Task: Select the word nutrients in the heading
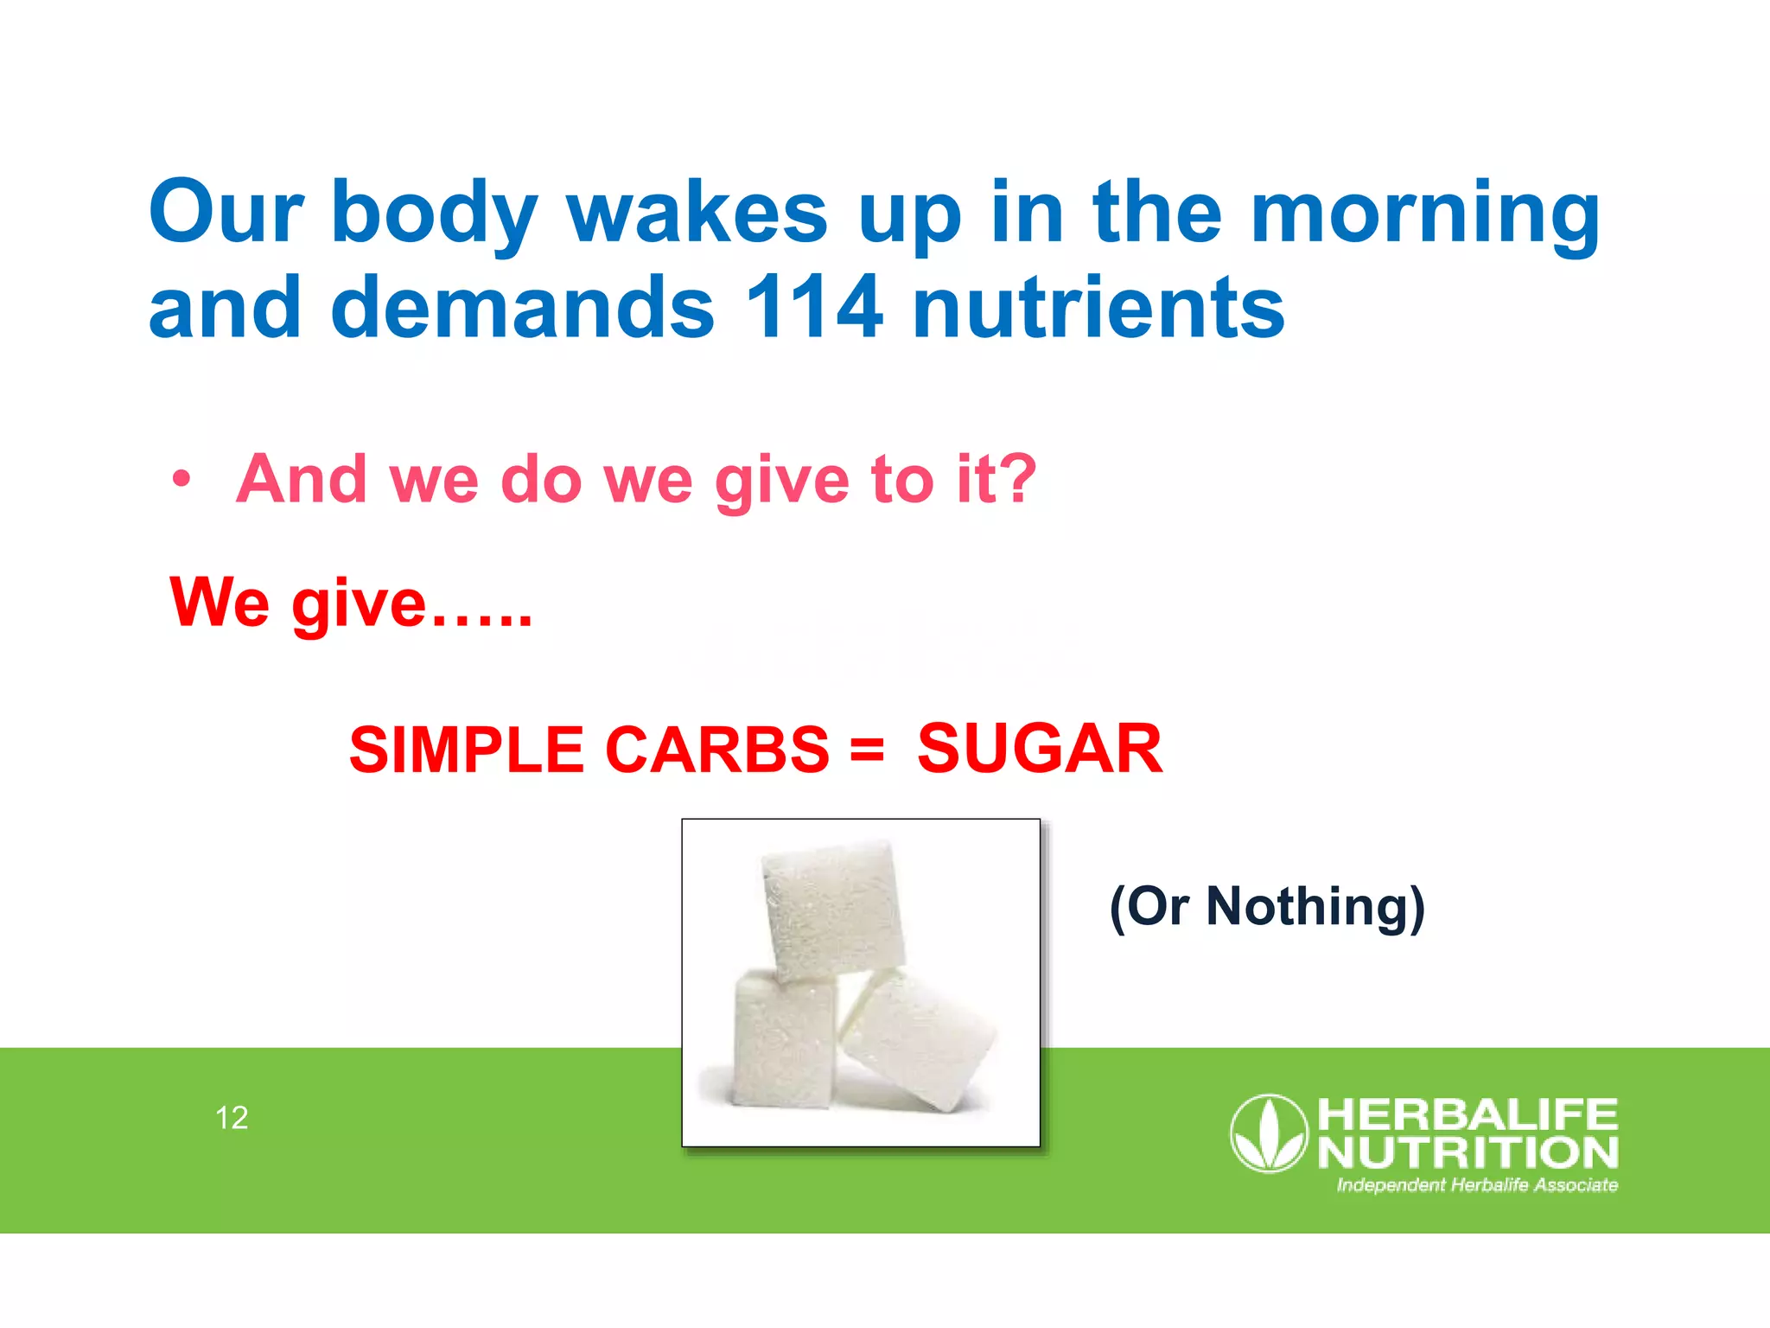(x=1098, y=307)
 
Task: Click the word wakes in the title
(x=697, y=213)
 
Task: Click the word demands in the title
(x=523, y=307)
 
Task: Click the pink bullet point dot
(x=181, y=479)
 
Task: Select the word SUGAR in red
(x=1040, y=749)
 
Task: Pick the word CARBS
(x=717, y=750)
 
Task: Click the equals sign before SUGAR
(x=867, y=749)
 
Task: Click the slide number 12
(x=232, y=1118)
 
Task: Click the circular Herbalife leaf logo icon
(x=1269, y=1133)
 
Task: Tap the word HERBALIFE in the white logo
(x=1467, y=1114)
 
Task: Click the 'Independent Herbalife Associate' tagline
(x=1477, y=1185)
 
